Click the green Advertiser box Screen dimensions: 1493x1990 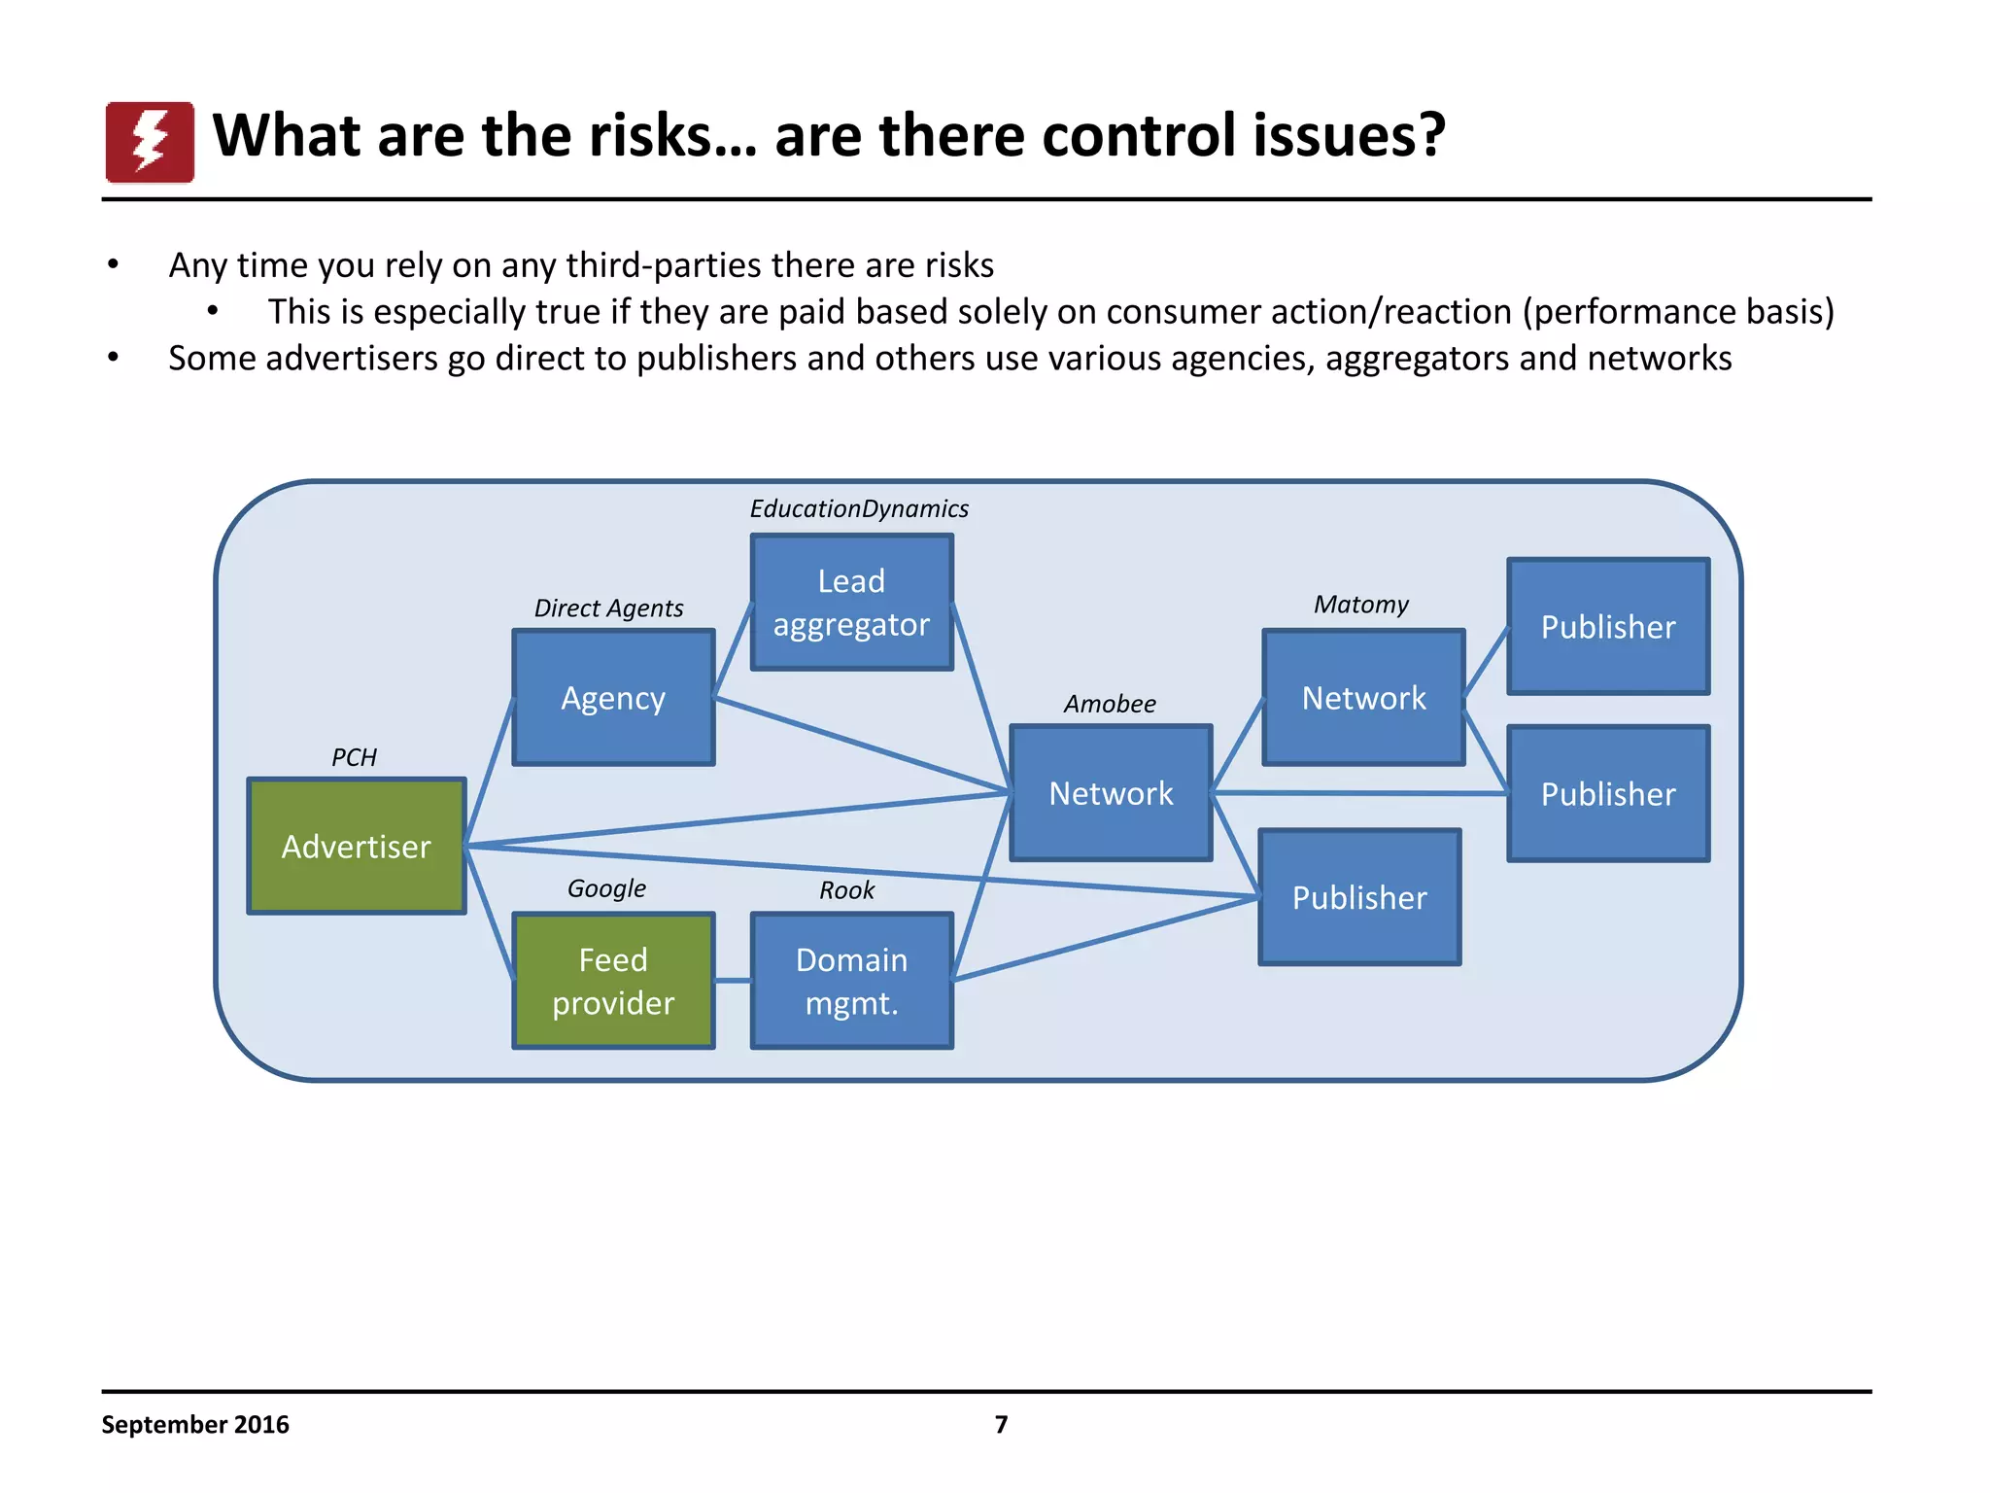(x=357, y=846)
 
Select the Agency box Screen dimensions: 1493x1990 (x=613, y=698)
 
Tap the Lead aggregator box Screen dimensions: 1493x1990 (x=851, y=603)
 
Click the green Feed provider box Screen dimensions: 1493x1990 (x=613, y=981)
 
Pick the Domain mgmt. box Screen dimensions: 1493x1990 (x=851, y=981)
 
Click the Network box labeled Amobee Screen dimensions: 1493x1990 (x=1111, y=793)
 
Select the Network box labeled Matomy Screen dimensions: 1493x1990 (x=1363, y=698)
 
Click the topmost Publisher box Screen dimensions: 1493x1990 (x=1608, y=627)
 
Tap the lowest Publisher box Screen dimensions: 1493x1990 (x=1359, y=897)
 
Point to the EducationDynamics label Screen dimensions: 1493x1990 (x=859, y=509)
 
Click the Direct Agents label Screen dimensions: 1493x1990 (x=608, y=608)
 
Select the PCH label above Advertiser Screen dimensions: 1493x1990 (x=354, y=757)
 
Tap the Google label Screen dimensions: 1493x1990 (x=606, y=888)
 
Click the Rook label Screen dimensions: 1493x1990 (x=846, y=890)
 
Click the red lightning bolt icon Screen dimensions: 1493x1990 (x=150, y=142)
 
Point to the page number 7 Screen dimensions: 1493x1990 (x=1001, y=1425)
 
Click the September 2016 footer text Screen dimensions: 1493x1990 (x=195, y=1425)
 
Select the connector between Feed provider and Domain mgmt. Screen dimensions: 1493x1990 (x=733, y=981)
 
